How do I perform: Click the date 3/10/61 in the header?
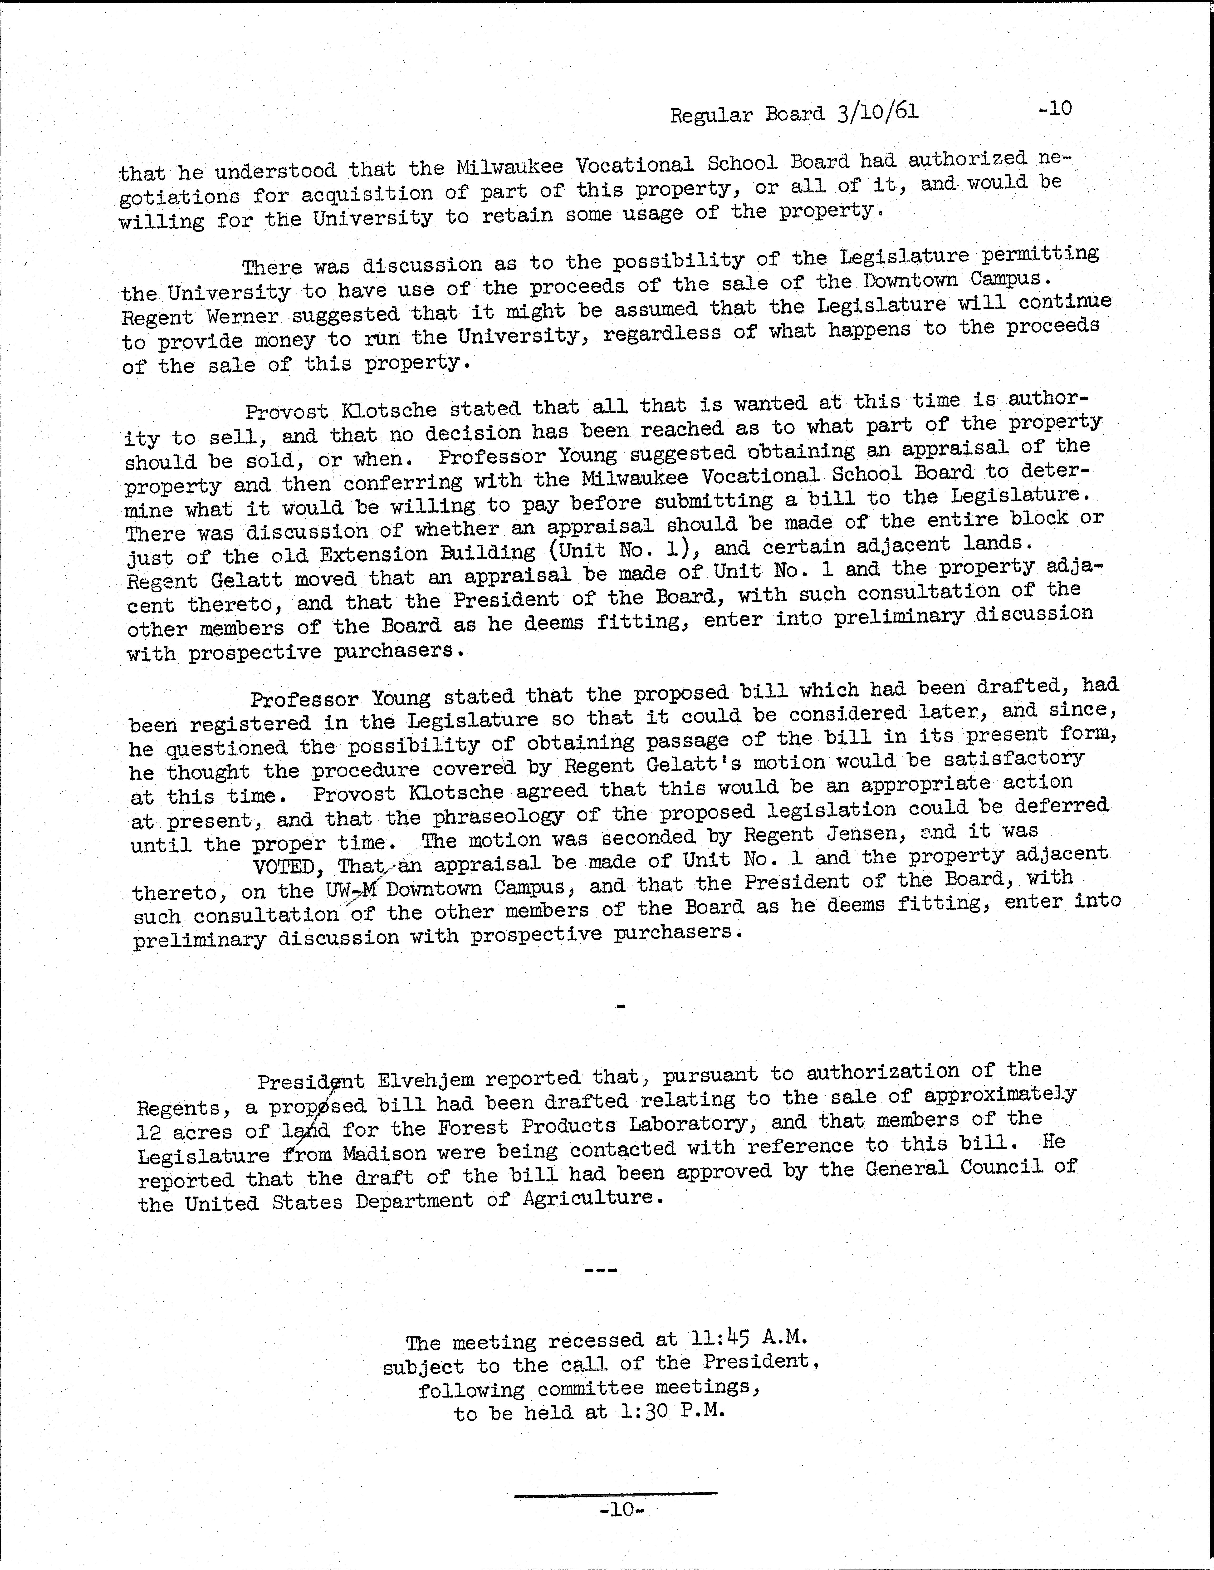pyautogui.click(x=878, y=113)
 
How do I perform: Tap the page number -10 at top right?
pyautogui.click(x=1054, y=108)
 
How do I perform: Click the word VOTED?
pyautogui.click(x=284, y=867)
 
